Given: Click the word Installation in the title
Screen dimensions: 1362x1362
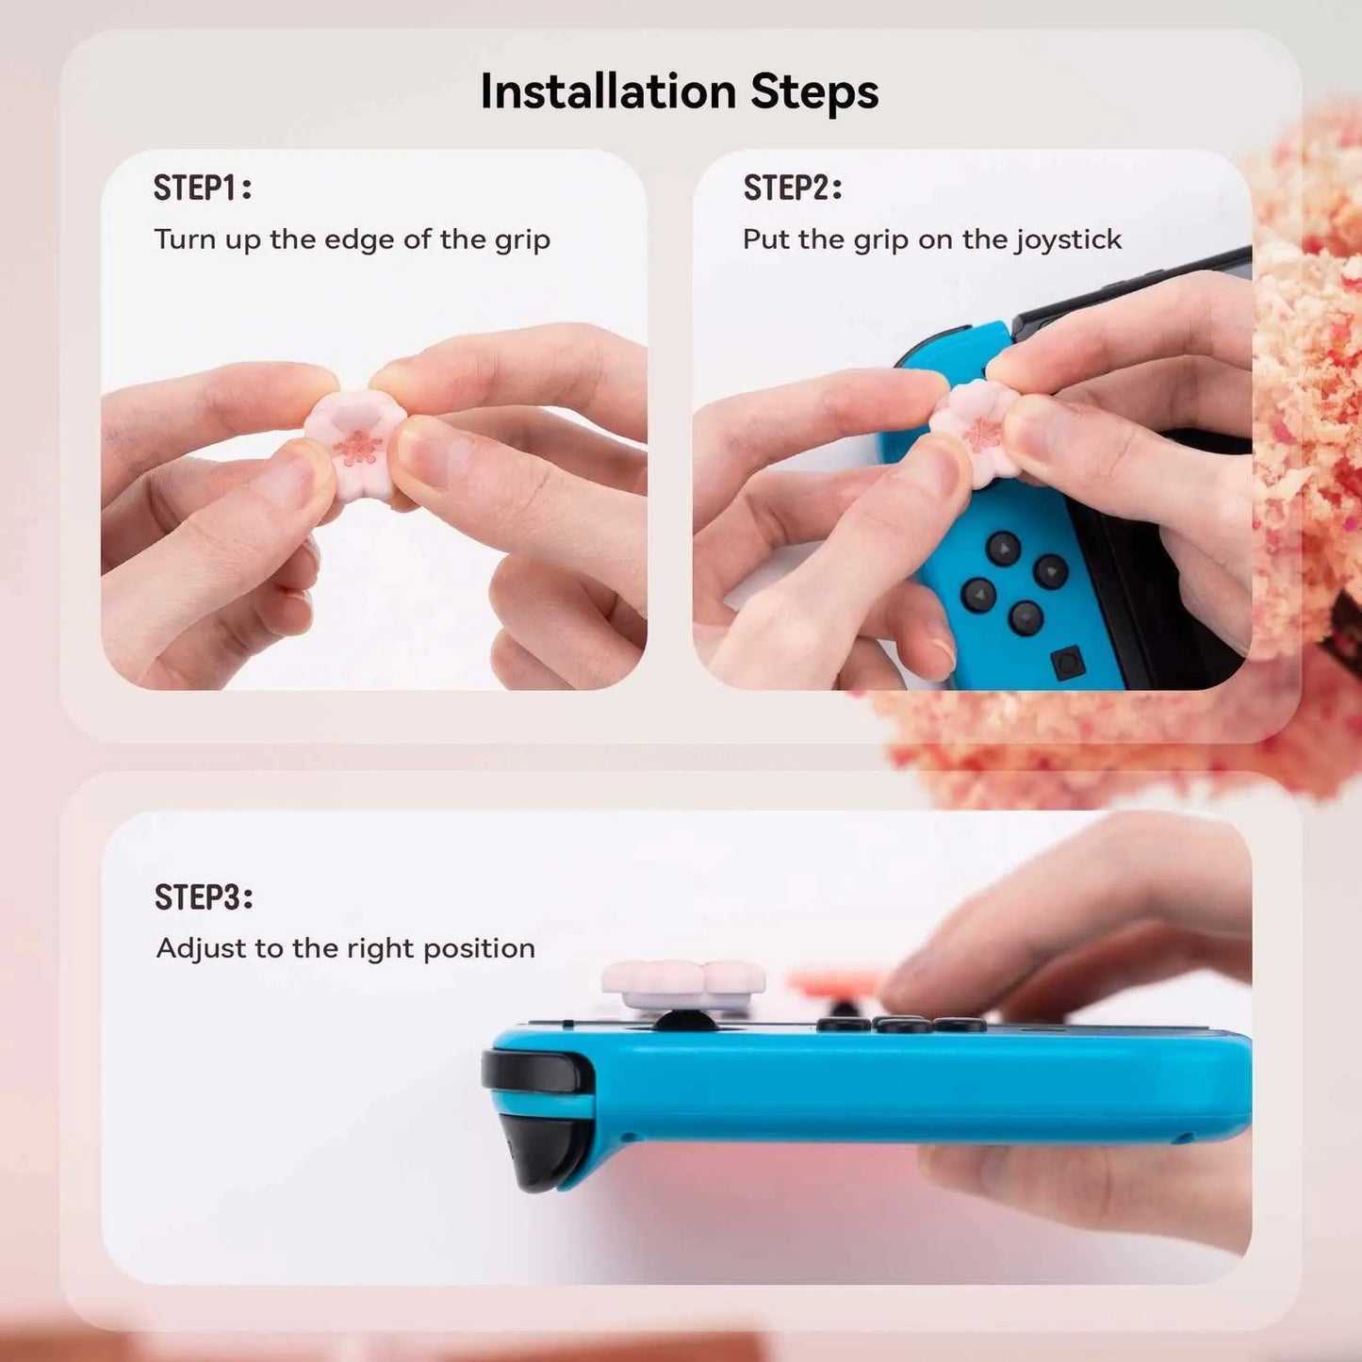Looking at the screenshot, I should click(x=607, y=92).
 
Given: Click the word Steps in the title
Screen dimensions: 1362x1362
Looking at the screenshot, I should click(x=814, y=92).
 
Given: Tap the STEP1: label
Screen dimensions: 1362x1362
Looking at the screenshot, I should click(x=203, y=189).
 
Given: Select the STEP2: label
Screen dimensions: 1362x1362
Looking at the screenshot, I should click(x=792, y=189).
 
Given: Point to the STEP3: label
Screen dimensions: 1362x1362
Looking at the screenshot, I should click(x=204, y=897).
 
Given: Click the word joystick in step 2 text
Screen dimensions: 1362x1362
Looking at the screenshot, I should click(x=1068, y=240).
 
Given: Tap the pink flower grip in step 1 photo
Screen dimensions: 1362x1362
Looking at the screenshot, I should click(x=354, y=439).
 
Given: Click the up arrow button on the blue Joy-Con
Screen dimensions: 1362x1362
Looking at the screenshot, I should click(x=1003, y=548).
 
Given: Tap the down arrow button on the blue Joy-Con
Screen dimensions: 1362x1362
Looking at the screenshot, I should click(x=1026, y=618).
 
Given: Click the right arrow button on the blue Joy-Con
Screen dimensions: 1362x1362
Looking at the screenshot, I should click(x=1050, y=571).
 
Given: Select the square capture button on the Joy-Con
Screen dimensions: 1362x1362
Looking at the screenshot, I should click(x=1068, y=664).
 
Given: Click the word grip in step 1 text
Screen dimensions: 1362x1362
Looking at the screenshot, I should click(x=522, y=240).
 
